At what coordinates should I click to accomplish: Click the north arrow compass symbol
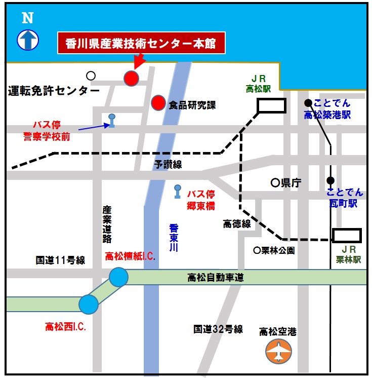pyautogui.click(x=28, y=40)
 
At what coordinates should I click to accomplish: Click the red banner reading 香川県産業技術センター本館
pyautogui.click(x=141, y=44)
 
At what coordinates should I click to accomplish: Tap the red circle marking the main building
pyautogui.click(x=132, y=78)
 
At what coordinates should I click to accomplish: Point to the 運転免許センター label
pyautogui.click(x=54, y=91)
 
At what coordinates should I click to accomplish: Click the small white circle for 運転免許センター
pyautogui.click(x=91, y=75)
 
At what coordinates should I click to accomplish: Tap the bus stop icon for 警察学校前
pyautogui.click(x=112, y=120)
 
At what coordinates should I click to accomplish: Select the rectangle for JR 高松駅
pyautogui.click(x=272, y=105)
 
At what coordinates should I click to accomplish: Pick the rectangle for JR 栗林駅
pyautogui.click(x=347, y=236)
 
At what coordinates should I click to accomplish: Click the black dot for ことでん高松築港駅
pyautogui.click(x=308, y=102)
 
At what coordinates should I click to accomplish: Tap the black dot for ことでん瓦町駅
pyautogui.click(x=330, y=180)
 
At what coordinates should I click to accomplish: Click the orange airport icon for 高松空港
pyautogui.click(x=279, y=351)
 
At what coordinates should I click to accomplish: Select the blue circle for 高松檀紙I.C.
pyautogui.click(x=119, y=277)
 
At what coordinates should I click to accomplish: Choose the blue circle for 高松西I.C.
pyautogui.click(x=89, y=304)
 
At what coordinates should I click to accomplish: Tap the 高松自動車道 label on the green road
pyautogui.click(x=216, y=277)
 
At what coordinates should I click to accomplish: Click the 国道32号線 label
pyautogui.click(x=218, y=329)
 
